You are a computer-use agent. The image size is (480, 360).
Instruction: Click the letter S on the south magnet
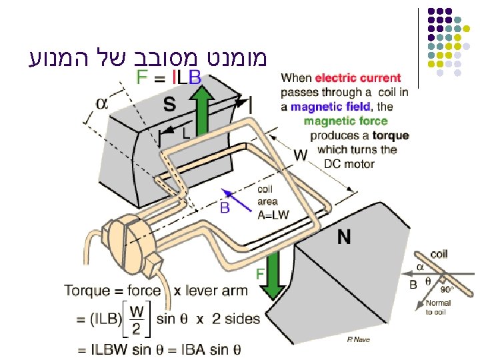170,105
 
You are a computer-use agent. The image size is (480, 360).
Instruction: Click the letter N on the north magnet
344,236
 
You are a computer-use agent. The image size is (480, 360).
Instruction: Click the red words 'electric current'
358,79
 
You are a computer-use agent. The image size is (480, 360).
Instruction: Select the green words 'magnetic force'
345,121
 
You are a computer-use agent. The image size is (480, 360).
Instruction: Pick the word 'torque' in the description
391,135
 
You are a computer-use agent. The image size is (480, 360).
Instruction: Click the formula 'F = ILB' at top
168,77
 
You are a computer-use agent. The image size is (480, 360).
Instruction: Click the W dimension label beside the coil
301,155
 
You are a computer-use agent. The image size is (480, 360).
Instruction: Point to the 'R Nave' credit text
358,339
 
